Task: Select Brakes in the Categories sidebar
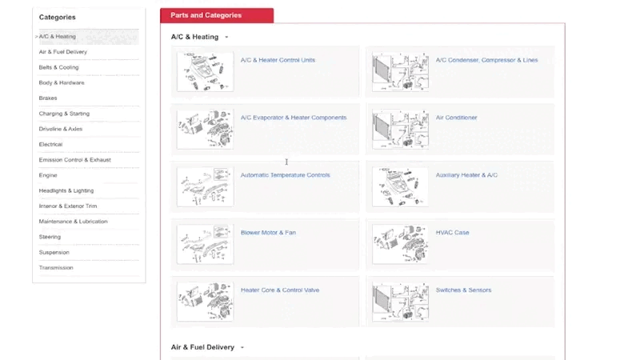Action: point(49,98)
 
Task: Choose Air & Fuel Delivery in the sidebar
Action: point(63,52)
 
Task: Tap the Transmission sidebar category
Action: point(56,268)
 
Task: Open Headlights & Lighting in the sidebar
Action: point(66,191)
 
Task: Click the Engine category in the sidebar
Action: point(48,175)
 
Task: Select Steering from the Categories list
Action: point(50,237)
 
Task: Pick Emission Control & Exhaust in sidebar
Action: point(75,160)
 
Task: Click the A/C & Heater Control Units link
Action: point(278,60)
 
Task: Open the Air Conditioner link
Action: point(456,118)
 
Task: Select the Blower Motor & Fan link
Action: point(268,233)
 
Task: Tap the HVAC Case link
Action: point(452,233)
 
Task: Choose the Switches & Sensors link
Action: point(463,290)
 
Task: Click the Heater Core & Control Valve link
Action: point(280,290)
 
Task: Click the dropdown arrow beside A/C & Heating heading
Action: point(226,37)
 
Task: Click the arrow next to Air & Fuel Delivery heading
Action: point(242,347)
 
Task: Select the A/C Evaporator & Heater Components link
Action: point(294,118)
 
